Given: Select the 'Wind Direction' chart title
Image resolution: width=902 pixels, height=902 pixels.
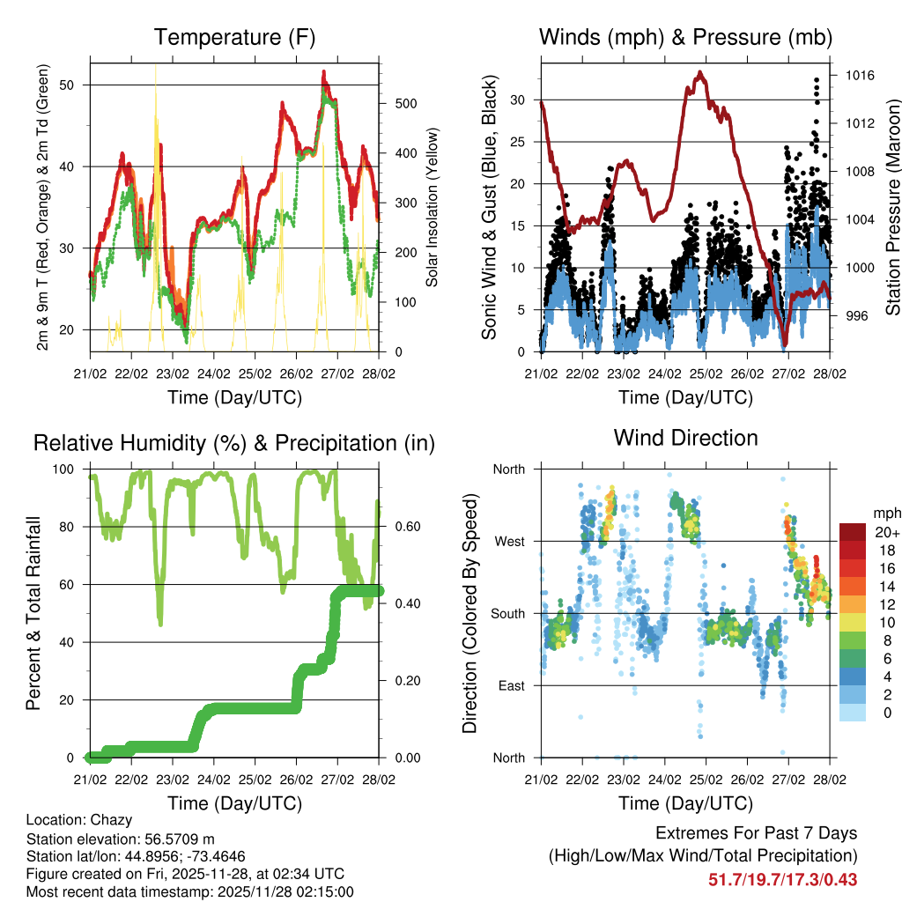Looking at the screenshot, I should click(x=685, y=437).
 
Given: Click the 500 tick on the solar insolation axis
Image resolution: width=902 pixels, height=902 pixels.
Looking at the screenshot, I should click(x=396, y=103).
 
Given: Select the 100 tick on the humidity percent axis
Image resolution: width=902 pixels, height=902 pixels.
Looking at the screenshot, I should click(x=72, y=469).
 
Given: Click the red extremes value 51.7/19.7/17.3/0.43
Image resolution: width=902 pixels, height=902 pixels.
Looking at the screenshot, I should click(x=783, y=879).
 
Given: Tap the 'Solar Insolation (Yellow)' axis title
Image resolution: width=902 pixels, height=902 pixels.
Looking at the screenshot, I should click(x=432, y=208).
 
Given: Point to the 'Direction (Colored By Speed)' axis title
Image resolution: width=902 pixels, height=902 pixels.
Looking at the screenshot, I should click(x=469, y=614).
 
